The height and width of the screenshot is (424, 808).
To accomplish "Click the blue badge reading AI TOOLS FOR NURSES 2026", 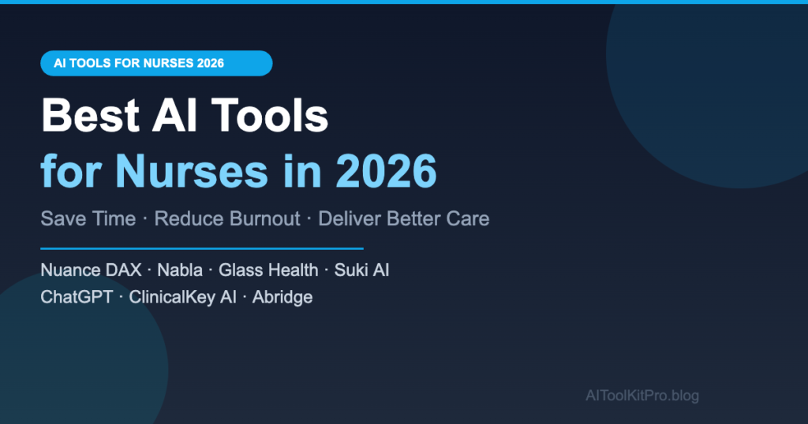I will click(156, 63).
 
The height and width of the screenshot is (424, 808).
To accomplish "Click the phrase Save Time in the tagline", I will click(88, 218).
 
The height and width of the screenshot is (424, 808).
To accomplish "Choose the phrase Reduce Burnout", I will click(227, 218).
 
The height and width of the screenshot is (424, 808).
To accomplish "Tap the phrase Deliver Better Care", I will click(403, 218).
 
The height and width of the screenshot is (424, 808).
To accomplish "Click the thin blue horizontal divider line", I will click(201, 248).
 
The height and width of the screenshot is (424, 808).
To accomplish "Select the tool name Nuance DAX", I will click(91, 270).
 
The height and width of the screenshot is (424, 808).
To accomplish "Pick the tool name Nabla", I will click(179, 270).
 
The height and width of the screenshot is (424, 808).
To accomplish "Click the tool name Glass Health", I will click(268, 270).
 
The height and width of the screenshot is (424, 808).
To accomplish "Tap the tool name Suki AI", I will click(361, 270).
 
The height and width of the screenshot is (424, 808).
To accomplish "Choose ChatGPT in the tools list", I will click(76, 297).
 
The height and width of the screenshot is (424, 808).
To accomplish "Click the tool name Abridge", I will click(282, 297).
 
